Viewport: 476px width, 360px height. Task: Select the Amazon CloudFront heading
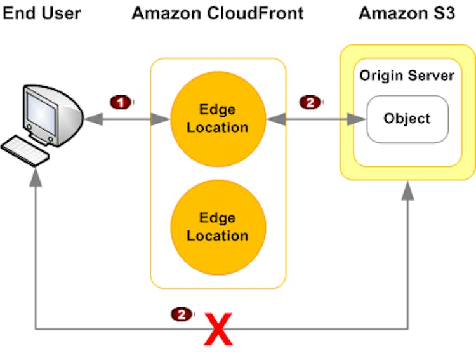point(218,13)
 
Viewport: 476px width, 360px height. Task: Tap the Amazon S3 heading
point(407,13)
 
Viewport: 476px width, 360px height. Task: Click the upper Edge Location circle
point(218,119)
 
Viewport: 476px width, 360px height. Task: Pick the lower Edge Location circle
point(218,227)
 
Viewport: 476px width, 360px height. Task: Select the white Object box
point(407,119)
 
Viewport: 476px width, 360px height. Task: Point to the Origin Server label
point(407,76)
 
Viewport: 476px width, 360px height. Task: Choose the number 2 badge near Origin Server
point(310,102)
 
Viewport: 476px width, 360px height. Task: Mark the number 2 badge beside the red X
point(182,314)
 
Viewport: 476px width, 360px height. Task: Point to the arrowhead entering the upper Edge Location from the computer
point(161,119)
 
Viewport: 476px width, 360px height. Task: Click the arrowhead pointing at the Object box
point(357,119)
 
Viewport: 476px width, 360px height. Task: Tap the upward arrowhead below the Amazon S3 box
point(407,192)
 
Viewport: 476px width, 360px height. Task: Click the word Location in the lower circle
point(218,236)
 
